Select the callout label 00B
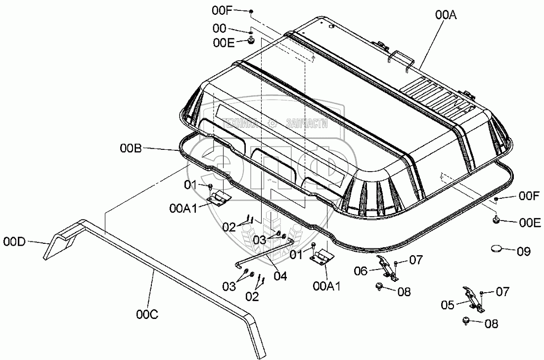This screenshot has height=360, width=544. (131, 148)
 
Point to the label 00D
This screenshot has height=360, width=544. (15, 241)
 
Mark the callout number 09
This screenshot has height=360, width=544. (524, 251)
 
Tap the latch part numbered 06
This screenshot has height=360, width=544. (387, 267)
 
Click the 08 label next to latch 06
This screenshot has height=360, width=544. (404, 291)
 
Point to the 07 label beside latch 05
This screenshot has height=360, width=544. (502, 292)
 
